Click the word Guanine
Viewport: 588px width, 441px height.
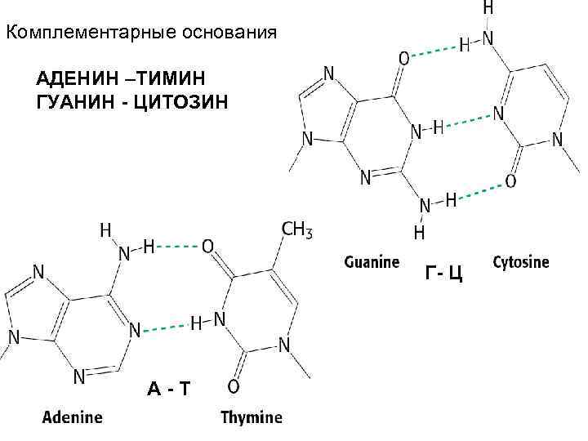[372, 263]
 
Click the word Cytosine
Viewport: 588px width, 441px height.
[521, 263]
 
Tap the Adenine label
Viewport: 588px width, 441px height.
[73, 417]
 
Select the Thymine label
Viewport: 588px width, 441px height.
[252, 417]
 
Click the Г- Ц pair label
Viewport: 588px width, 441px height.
[443, 273]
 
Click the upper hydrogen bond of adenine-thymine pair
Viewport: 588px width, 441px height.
[177, 245]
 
